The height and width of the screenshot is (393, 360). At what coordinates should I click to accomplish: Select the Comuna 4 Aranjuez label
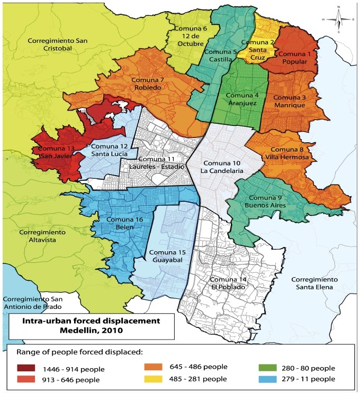(x=241, y=99)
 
